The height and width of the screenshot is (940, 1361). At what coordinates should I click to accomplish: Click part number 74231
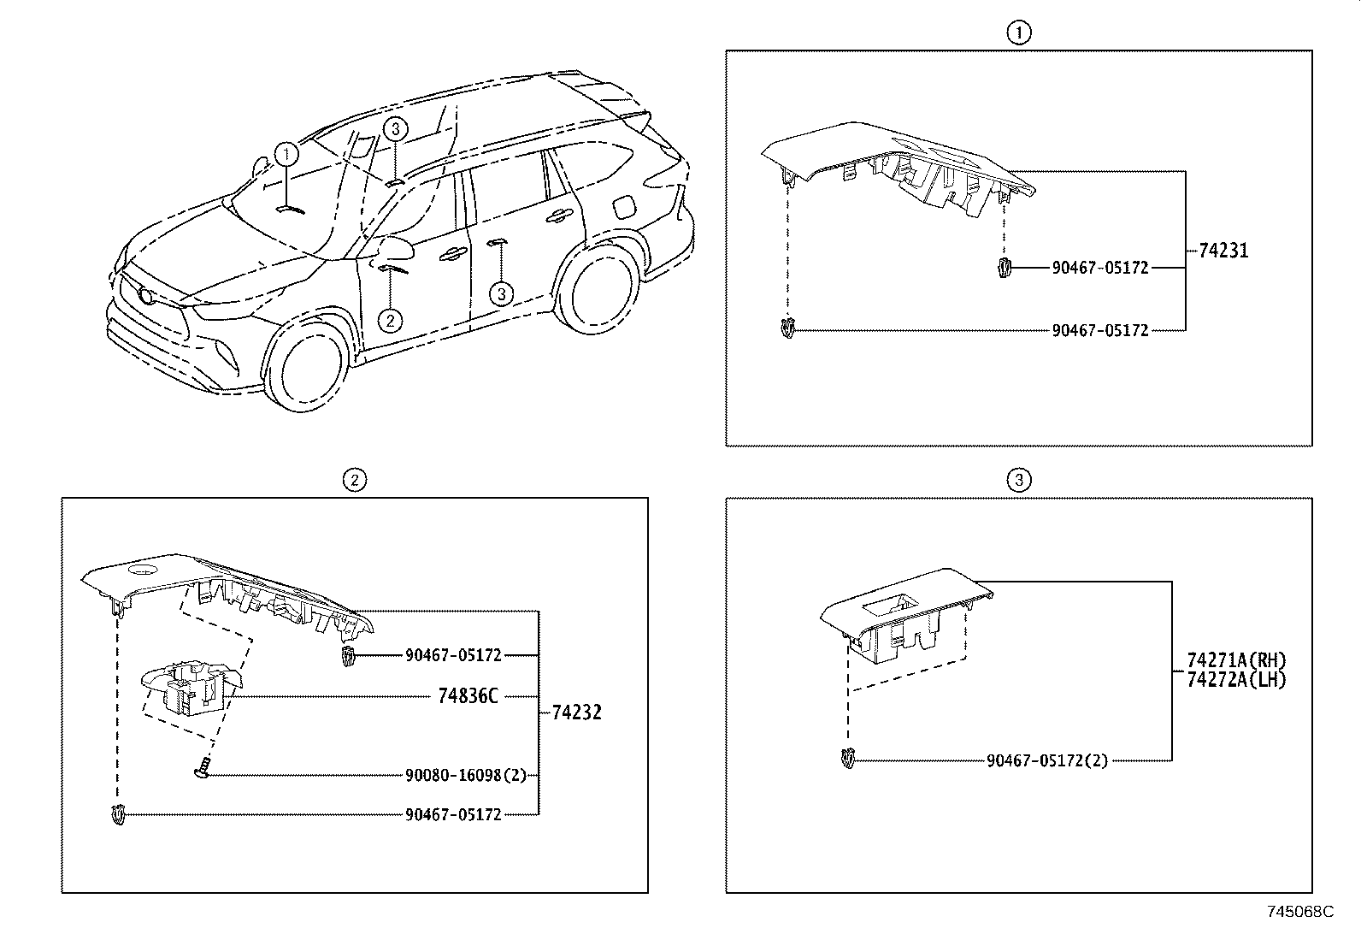pos(1223,251)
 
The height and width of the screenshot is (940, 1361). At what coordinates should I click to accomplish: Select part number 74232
pos(576,712)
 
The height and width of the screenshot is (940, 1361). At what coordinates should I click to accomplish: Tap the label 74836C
pos(468,696)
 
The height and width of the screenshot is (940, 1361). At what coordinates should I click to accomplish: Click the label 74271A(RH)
pos(1236,660)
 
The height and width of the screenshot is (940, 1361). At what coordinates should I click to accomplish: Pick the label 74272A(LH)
pos(1236,679)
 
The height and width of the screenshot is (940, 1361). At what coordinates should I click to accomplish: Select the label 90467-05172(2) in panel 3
pos(1046,760)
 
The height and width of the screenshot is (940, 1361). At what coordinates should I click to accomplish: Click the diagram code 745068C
pos(1299,912)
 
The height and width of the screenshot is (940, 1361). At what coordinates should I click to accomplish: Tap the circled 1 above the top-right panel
pos(1018,33)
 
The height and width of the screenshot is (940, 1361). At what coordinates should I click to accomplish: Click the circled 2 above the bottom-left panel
pos(354,480)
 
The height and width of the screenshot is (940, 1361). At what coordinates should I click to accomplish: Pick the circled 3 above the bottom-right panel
pos(1018,480)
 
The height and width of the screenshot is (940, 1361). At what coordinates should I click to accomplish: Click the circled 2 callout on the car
pos(389,320)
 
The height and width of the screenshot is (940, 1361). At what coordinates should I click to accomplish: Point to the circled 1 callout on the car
pos(286,155)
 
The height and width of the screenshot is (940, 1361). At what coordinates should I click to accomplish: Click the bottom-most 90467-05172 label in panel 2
pos(452,814)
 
